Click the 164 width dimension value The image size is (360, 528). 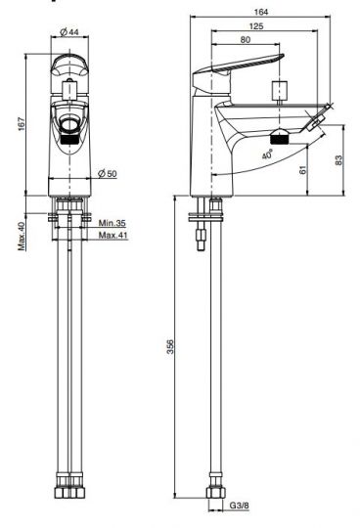click(x=261, y=12)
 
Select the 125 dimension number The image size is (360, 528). click(x=256, y=26)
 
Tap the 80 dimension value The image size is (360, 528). click(x=246, y=40)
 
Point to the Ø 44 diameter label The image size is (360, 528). click(x=69, y=32)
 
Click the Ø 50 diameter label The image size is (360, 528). click(x=107, y=174)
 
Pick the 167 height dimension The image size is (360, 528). click(x=22, y=123)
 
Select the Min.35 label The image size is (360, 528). click(x=112, y=223)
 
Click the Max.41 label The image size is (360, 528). click(x=113, y=235)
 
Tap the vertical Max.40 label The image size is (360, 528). click(x=22, y=236)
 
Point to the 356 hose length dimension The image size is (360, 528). click(x=171, y=346)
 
